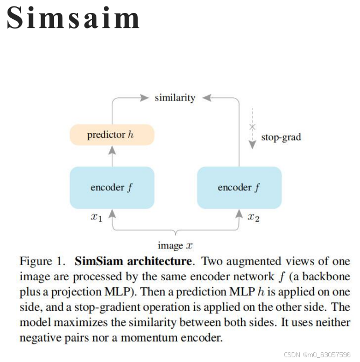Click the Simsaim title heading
tap(73, 19)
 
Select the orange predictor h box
tap(112, 134)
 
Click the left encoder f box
tap(112, 187)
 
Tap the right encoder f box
tap(239, 187)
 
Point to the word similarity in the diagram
tap(175, 98)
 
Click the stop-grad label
tap(281, 137)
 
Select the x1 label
tap(96, 217)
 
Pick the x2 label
tap(254, 217)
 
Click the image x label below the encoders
tap(175, 246)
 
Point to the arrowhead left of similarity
tap(143, 98)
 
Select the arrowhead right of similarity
tap(207, 98)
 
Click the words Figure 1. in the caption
tap(42, 262)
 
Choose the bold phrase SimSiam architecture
tap(133, 262)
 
